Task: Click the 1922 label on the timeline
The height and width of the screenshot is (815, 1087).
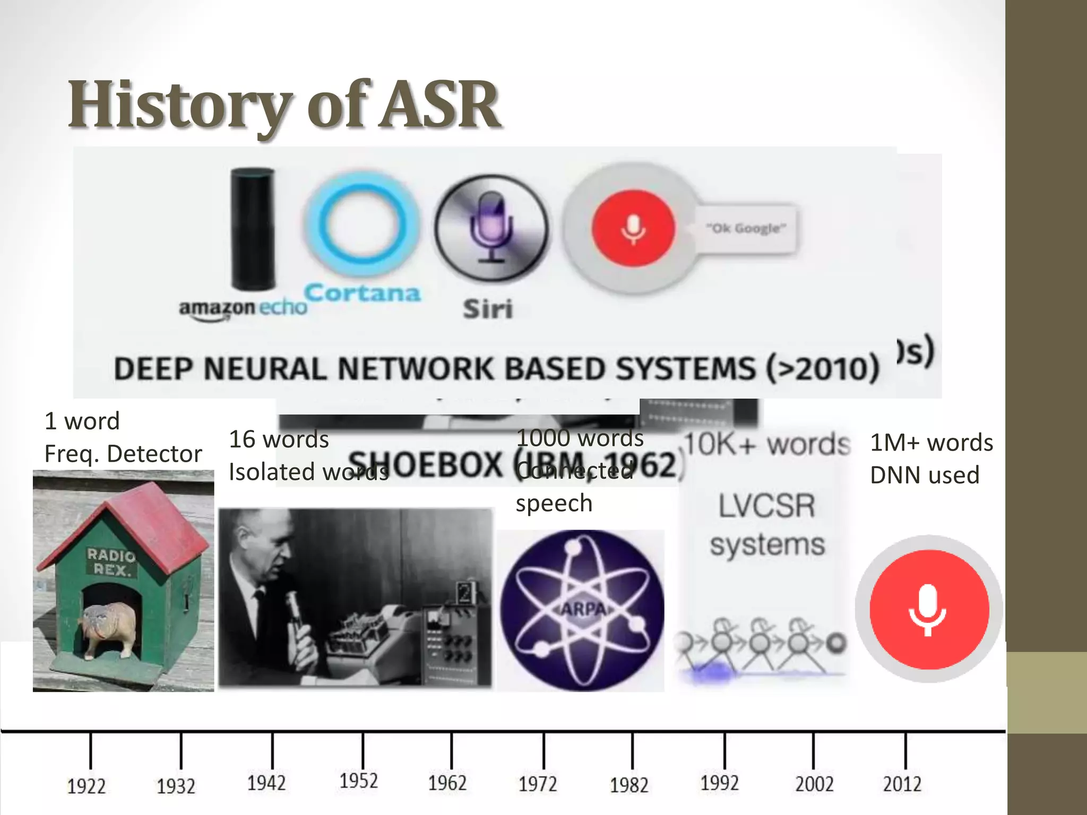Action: (x=86, y=786)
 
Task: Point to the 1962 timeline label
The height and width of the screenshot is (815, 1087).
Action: (x=447, y=783)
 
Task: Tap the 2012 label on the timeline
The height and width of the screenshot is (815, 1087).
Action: (x=902, y=784)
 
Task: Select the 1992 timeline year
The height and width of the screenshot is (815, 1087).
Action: (x=719, y=783)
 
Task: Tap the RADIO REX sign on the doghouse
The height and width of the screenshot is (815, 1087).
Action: (x=111, y=562)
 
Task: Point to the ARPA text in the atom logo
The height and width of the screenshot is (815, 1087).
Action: (x=583, y=609)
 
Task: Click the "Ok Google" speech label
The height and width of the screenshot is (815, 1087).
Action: (x=746, y=228)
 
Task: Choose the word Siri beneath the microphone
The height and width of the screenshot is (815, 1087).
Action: (x=488, y=309)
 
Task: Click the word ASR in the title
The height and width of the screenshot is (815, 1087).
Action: (x=441, y=105)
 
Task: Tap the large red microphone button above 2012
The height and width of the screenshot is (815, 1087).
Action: (x=928, y=609)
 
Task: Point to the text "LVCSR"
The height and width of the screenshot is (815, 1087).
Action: (x=766, y=506)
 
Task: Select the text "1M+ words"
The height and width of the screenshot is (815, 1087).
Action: (x=931, y=443)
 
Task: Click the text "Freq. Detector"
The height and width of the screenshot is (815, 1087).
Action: (x=123, y=454)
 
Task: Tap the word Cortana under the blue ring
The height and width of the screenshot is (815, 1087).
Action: (x=363, y=293)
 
